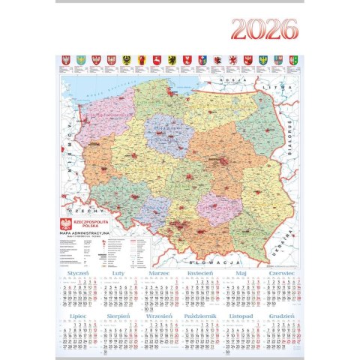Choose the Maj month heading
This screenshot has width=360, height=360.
[241, 275]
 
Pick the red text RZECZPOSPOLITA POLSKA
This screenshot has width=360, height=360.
[94, 223]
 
